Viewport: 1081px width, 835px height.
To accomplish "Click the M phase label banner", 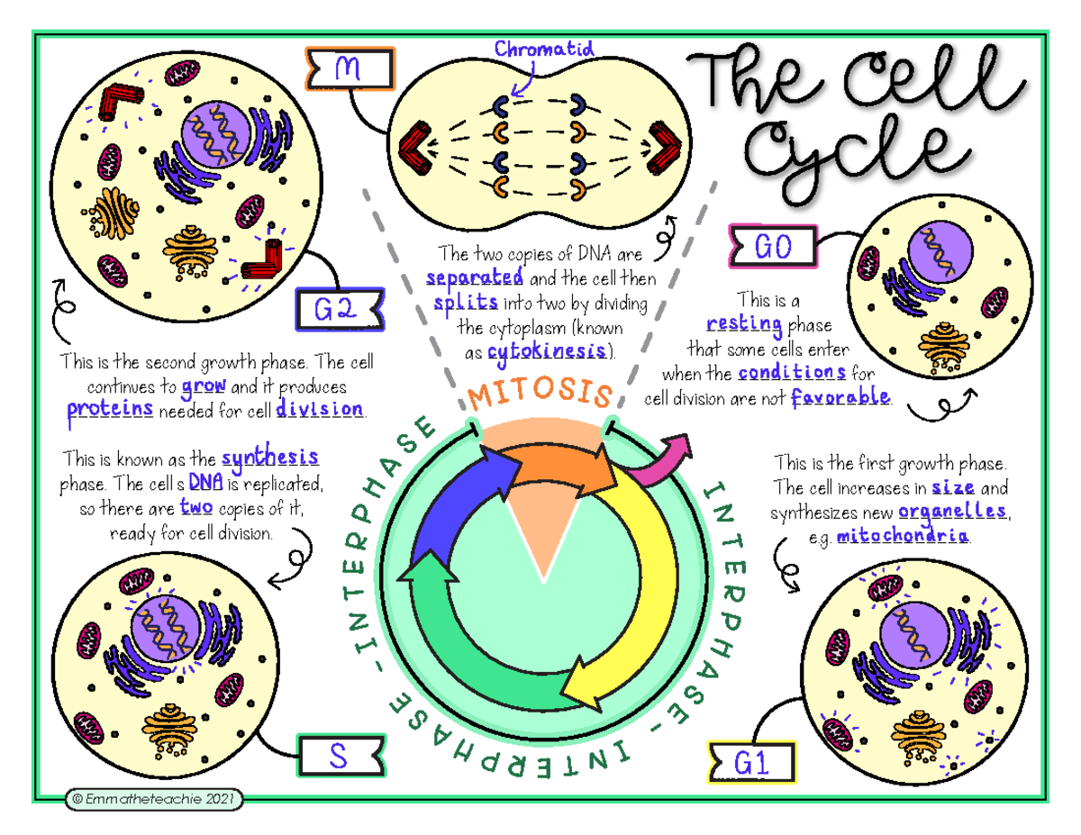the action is tap(350, 68).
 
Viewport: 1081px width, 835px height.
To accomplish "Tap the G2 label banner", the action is tap(341, 309).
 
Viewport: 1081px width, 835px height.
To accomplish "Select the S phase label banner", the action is tap(341, 756).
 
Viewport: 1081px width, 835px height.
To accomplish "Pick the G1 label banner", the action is tap(751, 762).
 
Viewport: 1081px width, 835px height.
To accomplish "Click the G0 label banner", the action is tap(773, 246).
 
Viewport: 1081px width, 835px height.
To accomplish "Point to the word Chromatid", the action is tap(544, 49).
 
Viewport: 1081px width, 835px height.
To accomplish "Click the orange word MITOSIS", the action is tap(540, 393).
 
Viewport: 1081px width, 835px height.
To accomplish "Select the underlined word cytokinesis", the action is tap(547, 352).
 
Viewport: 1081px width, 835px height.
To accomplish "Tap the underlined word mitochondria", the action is tap(903, 536).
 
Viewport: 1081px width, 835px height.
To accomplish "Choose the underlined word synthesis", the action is tap(270, 457).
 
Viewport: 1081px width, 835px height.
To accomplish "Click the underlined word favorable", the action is tap(840, 397).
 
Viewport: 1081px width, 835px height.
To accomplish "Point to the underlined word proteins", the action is tap(110, 409).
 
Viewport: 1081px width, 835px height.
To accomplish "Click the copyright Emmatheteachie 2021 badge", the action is tap(154, 799).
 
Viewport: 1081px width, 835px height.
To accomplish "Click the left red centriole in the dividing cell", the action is tap(415, 148).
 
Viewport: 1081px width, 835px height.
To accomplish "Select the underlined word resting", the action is tap(744, 324).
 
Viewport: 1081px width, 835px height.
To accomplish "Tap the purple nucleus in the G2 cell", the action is tap(215, 134).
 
